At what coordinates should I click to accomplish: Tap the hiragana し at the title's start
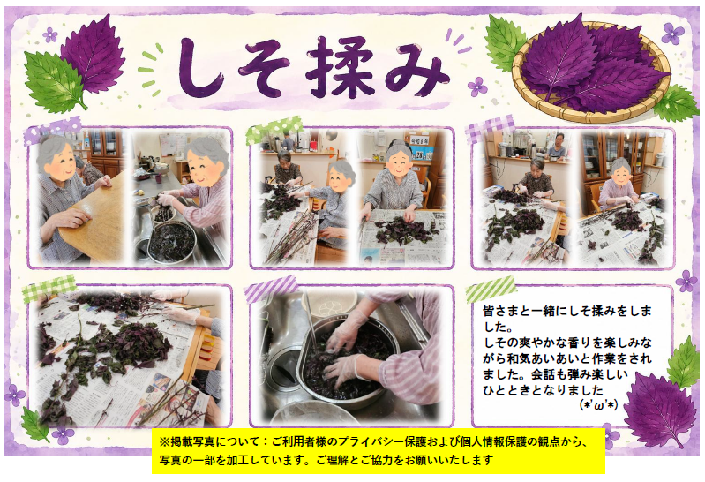(x=200, y=67)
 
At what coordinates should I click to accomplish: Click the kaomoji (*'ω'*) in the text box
(x=599, y=405)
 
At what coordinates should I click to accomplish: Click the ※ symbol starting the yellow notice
(x=165, y=442)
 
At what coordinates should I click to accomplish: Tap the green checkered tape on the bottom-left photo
(x=49, y=288)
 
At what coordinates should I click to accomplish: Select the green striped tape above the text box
(x=491, y=289)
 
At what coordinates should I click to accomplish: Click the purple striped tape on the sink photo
(x=271, y=289)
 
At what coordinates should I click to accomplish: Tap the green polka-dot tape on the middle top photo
(x=274, y=130)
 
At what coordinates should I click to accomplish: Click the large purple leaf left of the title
(x=94, y=53)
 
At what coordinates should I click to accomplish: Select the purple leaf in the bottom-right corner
(x=659, y=410)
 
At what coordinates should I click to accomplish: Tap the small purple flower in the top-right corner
(x=672, y=34)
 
